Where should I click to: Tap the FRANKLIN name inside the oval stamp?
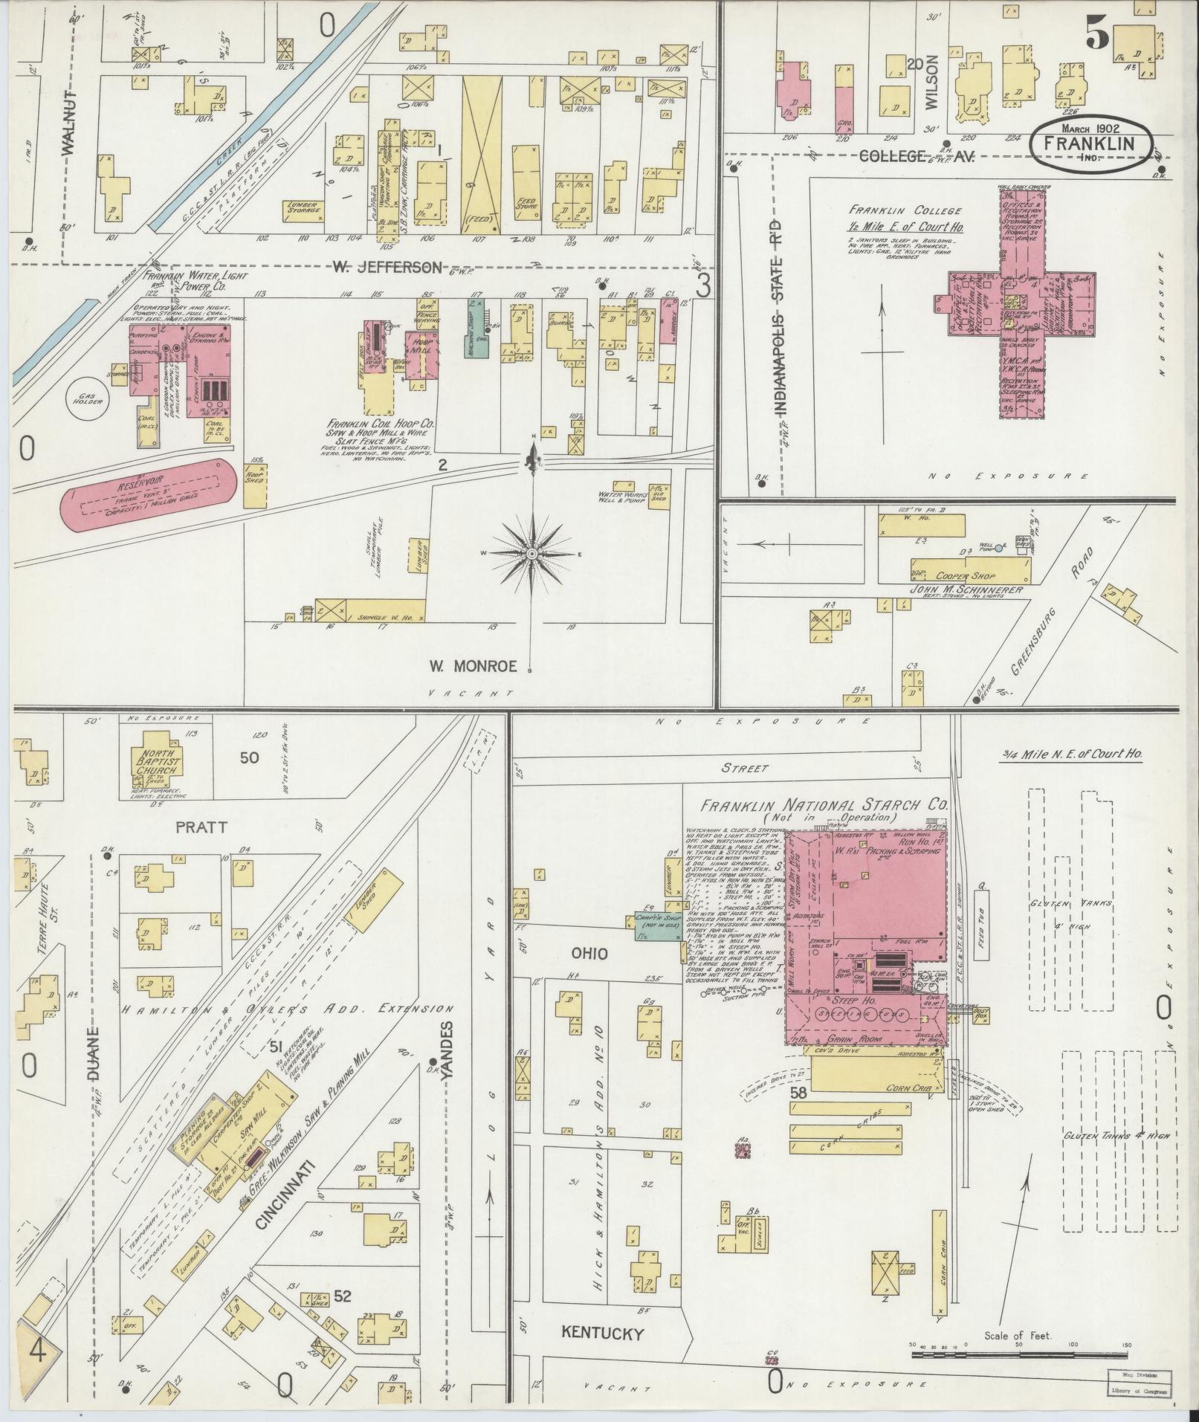pos(1090,144)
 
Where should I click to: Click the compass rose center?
pos(533,555)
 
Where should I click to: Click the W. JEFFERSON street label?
pos(387,267)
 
